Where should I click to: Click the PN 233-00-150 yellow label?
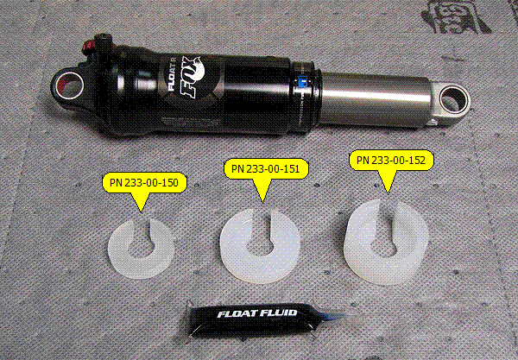click(x=144, y=183)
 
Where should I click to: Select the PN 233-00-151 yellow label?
click(x=266, y=169)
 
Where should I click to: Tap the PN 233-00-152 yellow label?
click(x=391, y=161)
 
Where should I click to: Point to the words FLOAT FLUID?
click(x=257, y=313)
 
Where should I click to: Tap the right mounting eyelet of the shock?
click(x=453, y=100)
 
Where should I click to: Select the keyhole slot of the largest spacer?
click(x=385, y=233)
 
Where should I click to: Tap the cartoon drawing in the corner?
click(x=456, y=16)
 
